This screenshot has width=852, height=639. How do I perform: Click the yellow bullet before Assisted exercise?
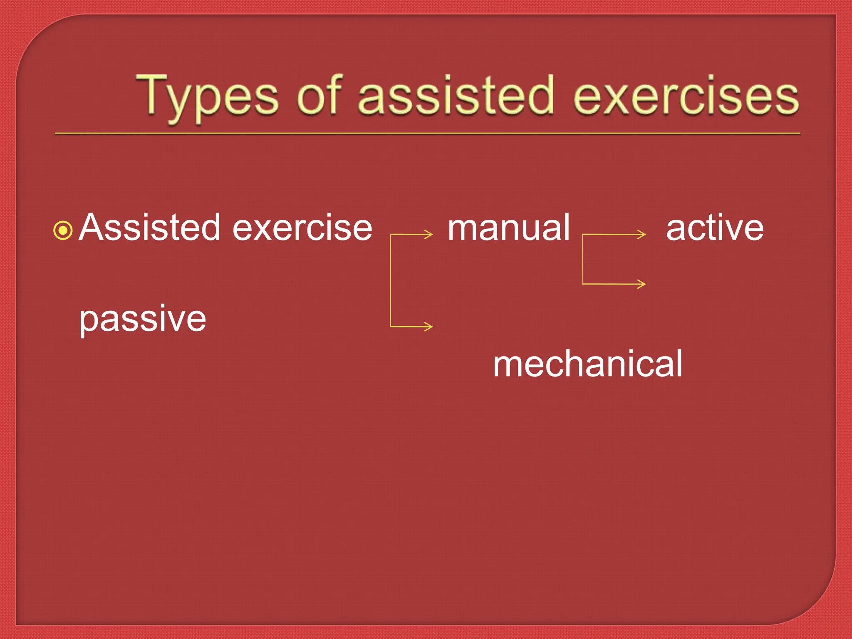click(63, 230)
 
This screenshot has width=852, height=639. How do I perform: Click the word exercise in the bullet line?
click(302, 228)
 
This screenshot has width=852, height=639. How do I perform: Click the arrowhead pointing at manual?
click(429, 235)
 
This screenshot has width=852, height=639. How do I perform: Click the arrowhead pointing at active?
click(642, 235)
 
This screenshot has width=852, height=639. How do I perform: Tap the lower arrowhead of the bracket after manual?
click(642, 284)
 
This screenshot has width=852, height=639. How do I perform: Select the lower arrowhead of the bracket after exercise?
click(429, 327)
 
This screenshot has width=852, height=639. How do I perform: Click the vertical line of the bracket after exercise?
click(391, 281)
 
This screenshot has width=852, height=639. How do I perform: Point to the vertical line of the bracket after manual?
click(582, 259)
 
